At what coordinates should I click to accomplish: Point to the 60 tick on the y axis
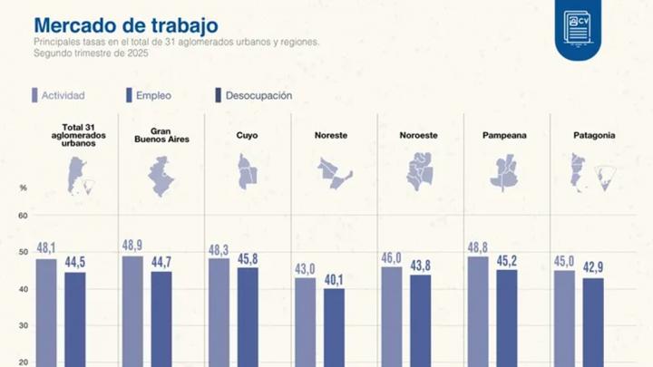[x=23, y=216]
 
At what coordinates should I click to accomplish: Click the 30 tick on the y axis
[x=23, y=325]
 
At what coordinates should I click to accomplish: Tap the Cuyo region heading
[x=246, y=136]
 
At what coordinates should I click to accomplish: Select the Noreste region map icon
[x=333, y=172]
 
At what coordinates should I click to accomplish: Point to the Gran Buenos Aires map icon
[x=161, y=175]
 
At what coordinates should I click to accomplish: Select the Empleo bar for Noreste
[x=334, y=327]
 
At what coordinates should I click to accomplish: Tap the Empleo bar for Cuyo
[x=248, y=316]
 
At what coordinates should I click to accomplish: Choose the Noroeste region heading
[x=418, y=136]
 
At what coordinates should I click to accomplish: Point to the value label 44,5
[x=74, y=263]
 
